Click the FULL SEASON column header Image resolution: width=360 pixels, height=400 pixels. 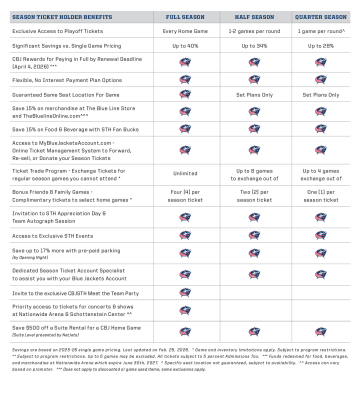tap(185, 17)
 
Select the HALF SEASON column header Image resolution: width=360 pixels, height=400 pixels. tap(254, 17)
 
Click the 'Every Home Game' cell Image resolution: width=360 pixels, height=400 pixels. tap(185, 31)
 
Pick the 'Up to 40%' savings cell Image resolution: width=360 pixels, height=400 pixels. tap(185, 46)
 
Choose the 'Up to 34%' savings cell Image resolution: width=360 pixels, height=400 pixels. tap(254, 46)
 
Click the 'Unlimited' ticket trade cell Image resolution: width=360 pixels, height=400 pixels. tap(185, 173)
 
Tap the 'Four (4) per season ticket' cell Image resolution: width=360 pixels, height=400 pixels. tap(185, 195)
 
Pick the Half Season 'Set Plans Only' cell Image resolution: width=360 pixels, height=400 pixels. tap(254, 95)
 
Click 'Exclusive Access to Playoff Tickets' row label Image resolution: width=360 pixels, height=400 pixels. tap(57, 31)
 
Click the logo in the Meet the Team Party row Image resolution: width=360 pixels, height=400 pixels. tap(185, 293)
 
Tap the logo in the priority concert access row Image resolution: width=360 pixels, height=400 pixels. tap(185, 310)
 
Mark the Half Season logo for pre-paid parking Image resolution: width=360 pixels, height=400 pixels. tap(254, 253)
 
